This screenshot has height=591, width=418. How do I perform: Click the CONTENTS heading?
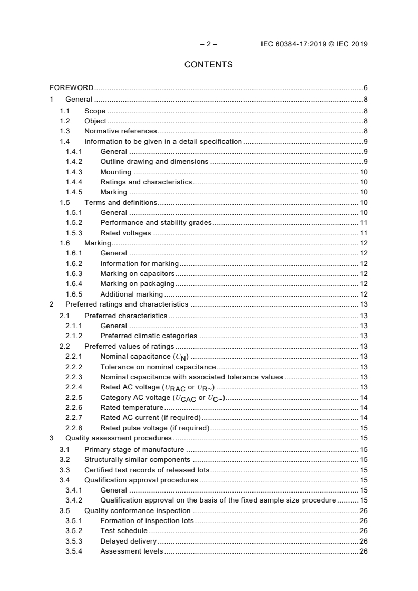[x=208, y=65]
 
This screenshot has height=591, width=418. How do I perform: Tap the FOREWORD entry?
[x=72, y=87]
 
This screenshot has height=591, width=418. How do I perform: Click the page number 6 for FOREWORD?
[x=365, y=87]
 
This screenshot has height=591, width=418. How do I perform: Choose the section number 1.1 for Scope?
[x=65, y=111]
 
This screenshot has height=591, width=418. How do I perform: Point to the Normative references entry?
[x=121, y=131]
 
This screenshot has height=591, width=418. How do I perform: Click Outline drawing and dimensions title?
[x=154, y=162]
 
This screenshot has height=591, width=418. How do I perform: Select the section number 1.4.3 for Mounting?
[x=74, y=172]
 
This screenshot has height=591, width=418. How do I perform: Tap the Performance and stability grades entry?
[x=155, y=223]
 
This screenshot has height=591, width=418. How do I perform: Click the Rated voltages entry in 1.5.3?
[x=125, y=233]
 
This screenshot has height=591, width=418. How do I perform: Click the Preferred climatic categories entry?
[x=149, y=336]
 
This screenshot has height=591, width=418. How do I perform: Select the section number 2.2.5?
[x=74, y=397]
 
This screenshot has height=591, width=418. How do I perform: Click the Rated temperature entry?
[x=132, y=407]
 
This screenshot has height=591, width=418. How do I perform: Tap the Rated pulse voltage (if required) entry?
[x=154, y=428]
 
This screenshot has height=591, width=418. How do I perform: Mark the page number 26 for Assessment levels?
[x=363, y=551]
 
